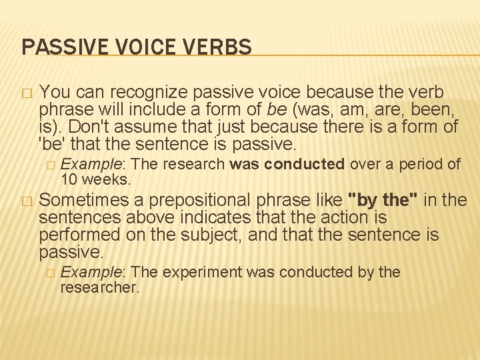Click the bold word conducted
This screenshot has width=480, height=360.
(305, 165)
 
